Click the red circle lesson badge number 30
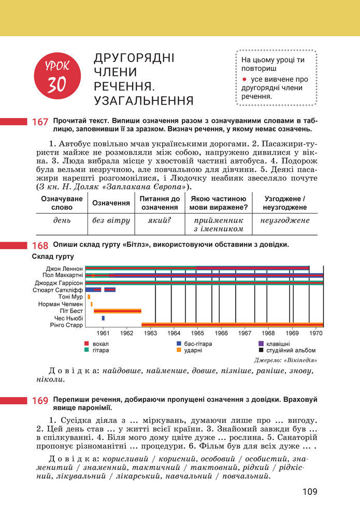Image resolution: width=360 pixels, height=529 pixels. (58, 78)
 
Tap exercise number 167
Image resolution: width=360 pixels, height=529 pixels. (40, 123)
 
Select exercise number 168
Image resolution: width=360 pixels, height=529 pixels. (40, 245)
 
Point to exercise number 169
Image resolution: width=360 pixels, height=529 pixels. (40, 401)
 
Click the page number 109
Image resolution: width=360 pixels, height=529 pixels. (310, 492)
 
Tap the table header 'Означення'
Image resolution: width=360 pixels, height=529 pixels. (111, 203)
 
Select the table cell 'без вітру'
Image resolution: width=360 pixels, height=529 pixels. (111, 221)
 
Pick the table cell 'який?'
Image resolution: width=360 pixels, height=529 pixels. (160, 221)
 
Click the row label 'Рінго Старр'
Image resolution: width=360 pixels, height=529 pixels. (66, 325)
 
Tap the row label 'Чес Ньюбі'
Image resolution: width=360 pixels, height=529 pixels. (68, 318)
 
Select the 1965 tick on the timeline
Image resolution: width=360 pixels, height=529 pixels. (197, 334)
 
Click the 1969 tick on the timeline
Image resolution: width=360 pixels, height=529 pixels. (292, 334)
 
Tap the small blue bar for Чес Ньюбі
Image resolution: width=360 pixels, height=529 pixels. (103, 318)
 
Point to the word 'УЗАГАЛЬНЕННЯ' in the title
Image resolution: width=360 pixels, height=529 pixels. (144, 100)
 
